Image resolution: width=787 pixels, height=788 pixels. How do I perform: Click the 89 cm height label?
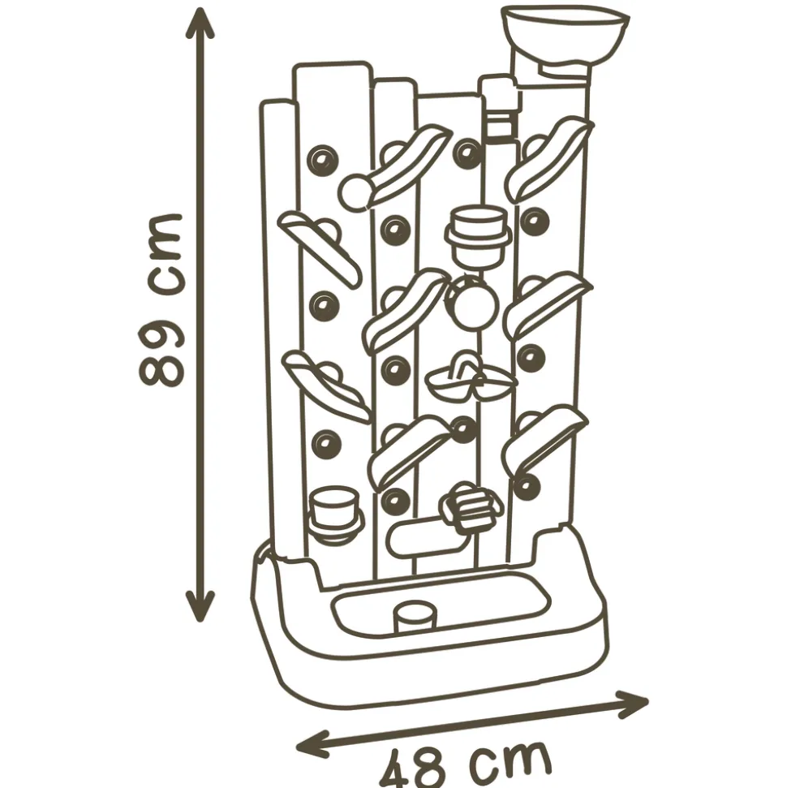(160, 300)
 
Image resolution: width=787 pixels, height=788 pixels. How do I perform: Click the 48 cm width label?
(465, 764)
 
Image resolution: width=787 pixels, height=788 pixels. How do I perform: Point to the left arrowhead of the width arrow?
(312, 743)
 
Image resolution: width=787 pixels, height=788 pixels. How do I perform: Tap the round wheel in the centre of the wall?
(472, 304)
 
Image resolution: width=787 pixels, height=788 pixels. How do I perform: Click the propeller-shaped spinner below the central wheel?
(471, 378)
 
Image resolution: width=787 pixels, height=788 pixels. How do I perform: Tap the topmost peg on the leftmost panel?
(323, 161)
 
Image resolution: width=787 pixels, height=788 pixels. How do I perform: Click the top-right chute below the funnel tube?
(548, 158)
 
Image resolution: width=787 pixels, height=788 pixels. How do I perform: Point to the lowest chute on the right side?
(546, 442)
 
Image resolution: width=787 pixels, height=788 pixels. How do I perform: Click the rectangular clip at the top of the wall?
(500, 108)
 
